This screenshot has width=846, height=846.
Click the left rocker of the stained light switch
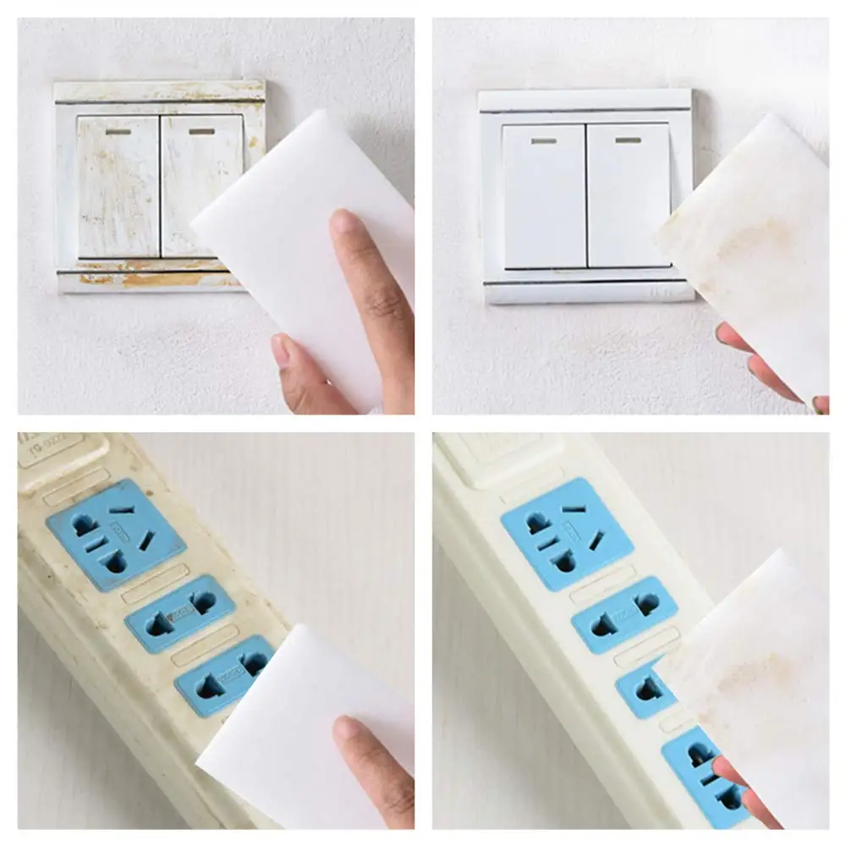click(x=118, y=186)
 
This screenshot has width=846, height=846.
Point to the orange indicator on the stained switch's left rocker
click(x=118, y=131)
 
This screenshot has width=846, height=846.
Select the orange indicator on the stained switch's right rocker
click(x=201, y=131)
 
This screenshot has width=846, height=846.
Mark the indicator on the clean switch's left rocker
click(x=544, y=140)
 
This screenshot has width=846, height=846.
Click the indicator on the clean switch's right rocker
click(x=627, y=140)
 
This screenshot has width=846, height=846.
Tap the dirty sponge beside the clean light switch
click(x=753, y=254)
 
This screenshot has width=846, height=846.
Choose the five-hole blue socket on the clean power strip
click(x=567, y=533)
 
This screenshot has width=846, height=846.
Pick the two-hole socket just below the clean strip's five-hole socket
click(x=624, y=614)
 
